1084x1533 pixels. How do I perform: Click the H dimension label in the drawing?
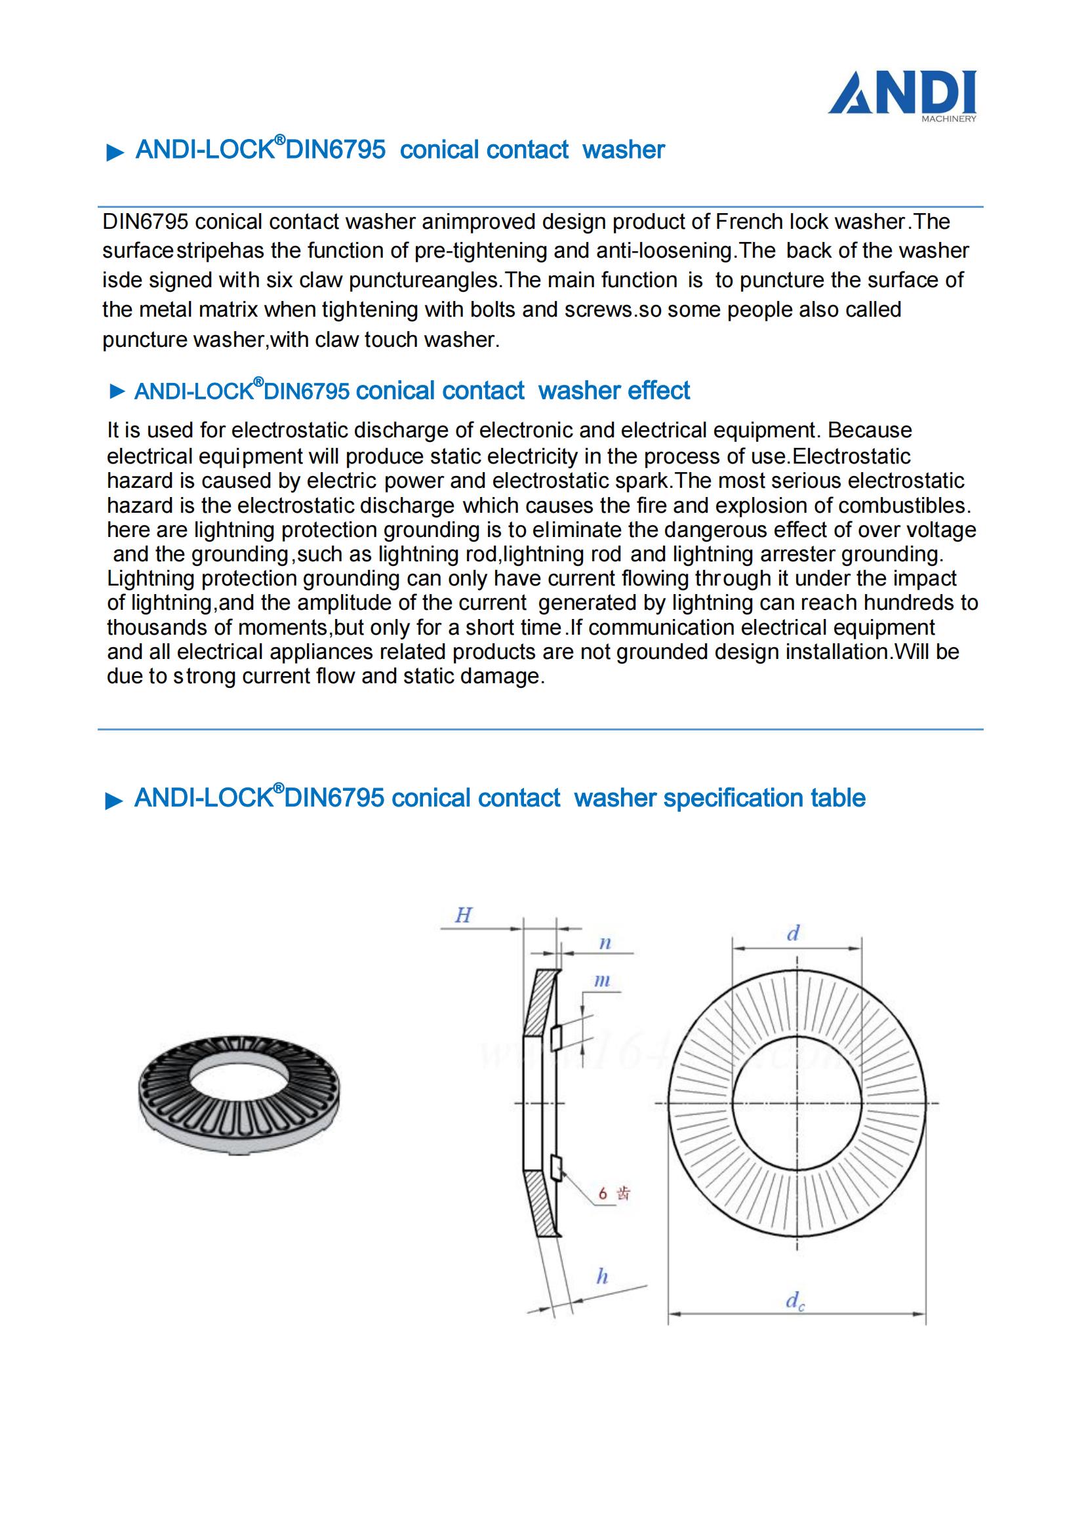pyautogui.click(x=464, y=915)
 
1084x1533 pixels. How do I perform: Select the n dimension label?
pyautogui.click(x=605, y=944)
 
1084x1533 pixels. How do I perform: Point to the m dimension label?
pyautogui.click(x=602, y=981)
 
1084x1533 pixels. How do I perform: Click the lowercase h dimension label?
pyautogui.click(x=602, y=1277)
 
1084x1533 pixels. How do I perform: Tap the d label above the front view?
pyautogui.click(x=793, y=934)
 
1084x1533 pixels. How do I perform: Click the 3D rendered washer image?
pyautogui.click(x=239, y=1095)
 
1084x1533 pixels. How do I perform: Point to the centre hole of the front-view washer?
pyautogui.click(x=797, y=1103)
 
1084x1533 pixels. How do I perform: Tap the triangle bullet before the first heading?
pyautogui.click(x=115, y=153)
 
